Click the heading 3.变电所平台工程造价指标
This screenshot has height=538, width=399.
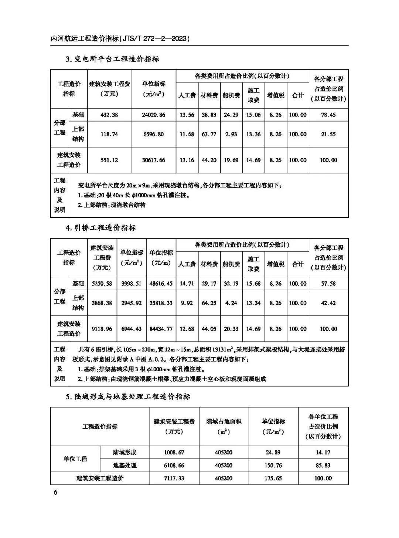point(112,59)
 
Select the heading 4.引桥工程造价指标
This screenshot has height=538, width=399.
point(100,228)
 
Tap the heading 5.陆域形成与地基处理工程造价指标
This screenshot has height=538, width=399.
point(128,397)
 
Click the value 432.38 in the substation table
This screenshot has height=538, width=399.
point(109,115)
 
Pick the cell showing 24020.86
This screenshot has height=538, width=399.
point(154,115)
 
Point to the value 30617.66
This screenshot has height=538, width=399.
point(154,160)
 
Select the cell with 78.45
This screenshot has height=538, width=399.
point(328,115)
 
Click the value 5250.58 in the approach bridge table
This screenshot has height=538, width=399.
point(102,284)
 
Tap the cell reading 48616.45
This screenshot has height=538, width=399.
point(161,284)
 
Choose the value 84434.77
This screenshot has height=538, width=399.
point(161,329)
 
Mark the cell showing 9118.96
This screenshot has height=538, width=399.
point(102,329)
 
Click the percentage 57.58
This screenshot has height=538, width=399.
point(328,284)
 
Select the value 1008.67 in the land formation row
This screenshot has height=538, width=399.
point(174,452)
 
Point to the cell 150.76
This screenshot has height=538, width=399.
point(273,465)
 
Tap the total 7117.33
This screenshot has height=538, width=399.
point(174,478)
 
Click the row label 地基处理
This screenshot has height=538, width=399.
point(125,465)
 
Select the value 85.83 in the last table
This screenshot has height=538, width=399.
point(323,465)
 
